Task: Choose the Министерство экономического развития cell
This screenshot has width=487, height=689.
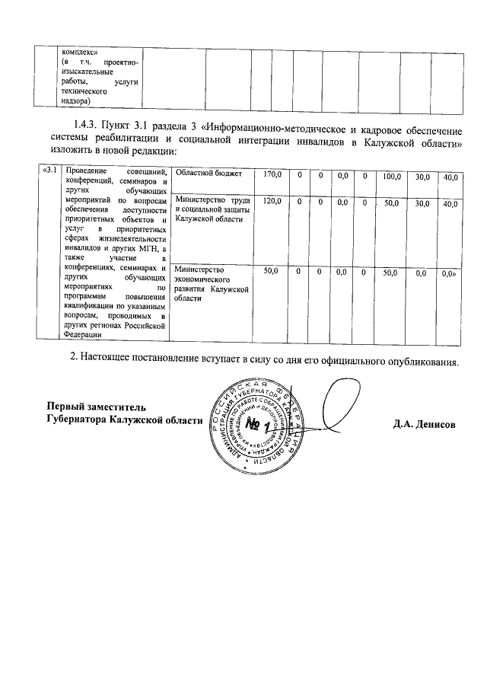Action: pyautogui.click(x=211, y=283)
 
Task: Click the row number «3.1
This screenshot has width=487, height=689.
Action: pyautogui.click(x=49, y=169)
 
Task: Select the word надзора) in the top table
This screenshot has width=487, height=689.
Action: pyautogui.click(x=76, y=100)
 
